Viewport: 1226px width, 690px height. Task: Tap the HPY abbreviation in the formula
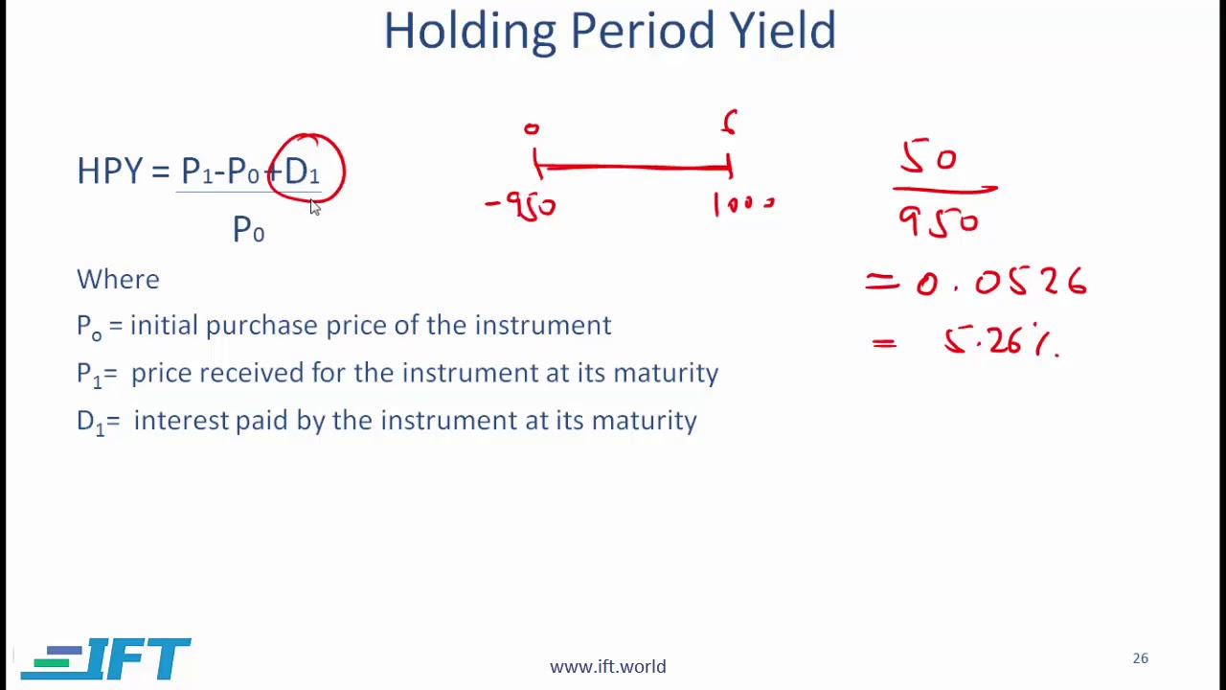pyautogui.click(x=109, y=172)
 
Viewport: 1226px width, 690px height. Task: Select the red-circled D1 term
pyautogui.click(x=304, y=172)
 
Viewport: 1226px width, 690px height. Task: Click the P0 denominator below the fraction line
pyautogui.click(x=248, y=230)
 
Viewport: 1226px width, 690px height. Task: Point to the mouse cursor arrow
pyautogui.click(x=314, y=207)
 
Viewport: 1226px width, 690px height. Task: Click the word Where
pyautogui.click(x=118, y=280)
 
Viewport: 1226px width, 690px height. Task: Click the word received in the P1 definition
pyautogui.click(x=251, y=373)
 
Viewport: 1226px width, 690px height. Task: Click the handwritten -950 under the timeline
pyautogui.click(x=522, y=205)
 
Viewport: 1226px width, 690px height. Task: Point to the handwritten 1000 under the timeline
pyautogui.click(x=743, y=204)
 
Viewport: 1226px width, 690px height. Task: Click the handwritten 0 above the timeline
pyautogui.click(x=532, y=129)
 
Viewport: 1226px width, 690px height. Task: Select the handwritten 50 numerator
pyautogui.click(x=928, y=158)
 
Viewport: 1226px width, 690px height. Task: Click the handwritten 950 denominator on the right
pyautogui.click(x=938, y=223)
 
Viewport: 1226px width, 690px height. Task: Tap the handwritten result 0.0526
pyautogui.click(x=1000, y=283)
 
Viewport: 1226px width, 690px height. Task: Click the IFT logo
pyautogui.click(x=106, y=659)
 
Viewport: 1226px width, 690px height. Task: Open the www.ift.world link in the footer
pyautogui.click(x=607, y=667)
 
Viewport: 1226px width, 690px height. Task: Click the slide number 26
pyautogui.click(x=1140, y=658)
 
